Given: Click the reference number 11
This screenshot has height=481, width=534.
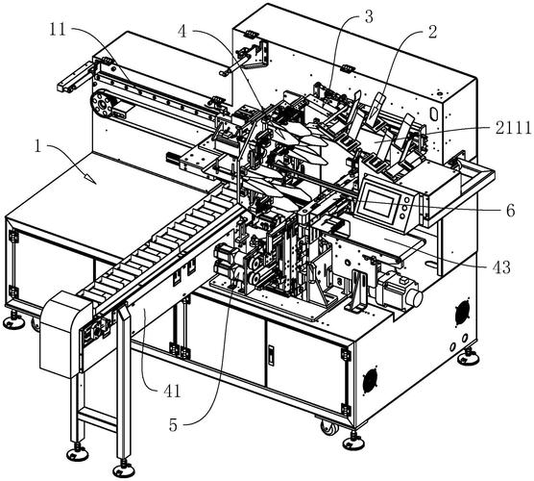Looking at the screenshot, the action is [58, 29].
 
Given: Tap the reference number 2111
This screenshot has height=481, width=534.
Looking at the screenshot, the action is [514, 128].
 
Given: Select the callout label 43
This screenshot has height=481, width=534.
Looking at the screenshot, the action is [502, 267].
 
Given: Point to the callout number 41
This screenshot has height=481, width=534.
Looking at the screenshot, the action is [172, 392].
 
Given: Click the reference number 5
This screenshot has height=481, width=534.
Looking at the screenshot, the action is [173, 425].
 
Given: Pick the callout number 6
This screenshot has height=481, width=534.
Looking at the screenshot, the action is [511, 211].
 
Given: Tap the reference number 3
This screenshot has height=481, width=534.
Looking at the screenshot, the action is [369, 16].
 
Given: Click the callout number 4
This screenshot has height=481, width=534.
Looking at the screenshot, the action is [182, 32].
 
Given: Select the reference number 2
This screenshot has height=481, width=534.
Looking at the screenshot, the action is [432, 32].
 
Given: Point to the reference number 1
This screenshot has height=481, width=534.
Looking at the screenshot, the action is [37, 146].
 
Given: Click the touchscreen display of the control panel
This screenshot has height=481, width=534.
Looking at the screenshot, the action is [377, 203].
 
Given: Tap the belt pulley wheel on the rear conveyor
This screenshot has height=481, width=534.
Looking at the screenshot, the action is [101, 103].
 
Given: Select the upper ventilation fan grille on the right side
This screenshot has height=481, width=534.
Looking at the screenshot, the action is [462, 313].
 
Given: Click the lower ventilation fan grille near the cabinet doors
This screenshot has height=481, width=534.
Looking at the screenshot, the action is [370, 381].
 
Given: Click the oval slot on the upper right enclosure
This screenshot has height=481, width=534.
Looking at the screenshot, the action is [434, 114].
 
